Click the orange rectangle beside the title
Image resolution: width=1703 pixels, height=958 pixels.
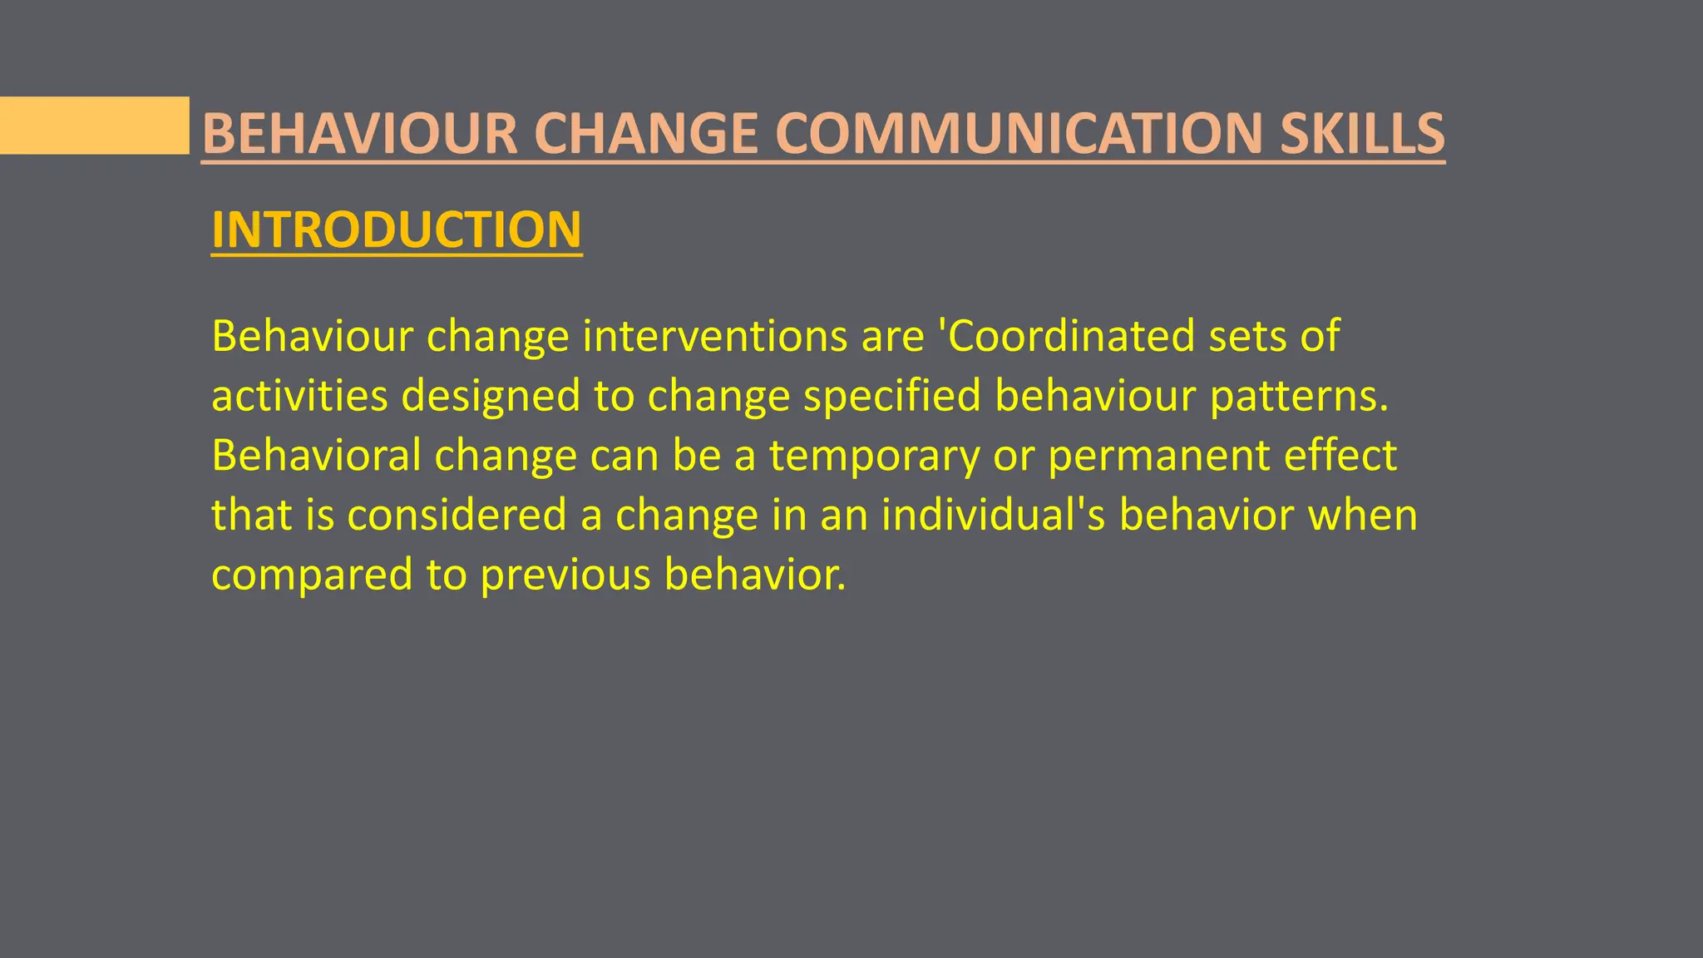(94, 126)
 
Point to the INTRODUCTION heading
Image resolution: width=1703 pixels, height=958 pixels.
(397, 230)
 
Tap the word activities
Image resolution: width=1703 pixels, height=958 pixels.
(299, 396)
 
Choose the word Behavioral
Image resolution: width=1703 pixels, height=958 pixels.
(316, 455)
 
